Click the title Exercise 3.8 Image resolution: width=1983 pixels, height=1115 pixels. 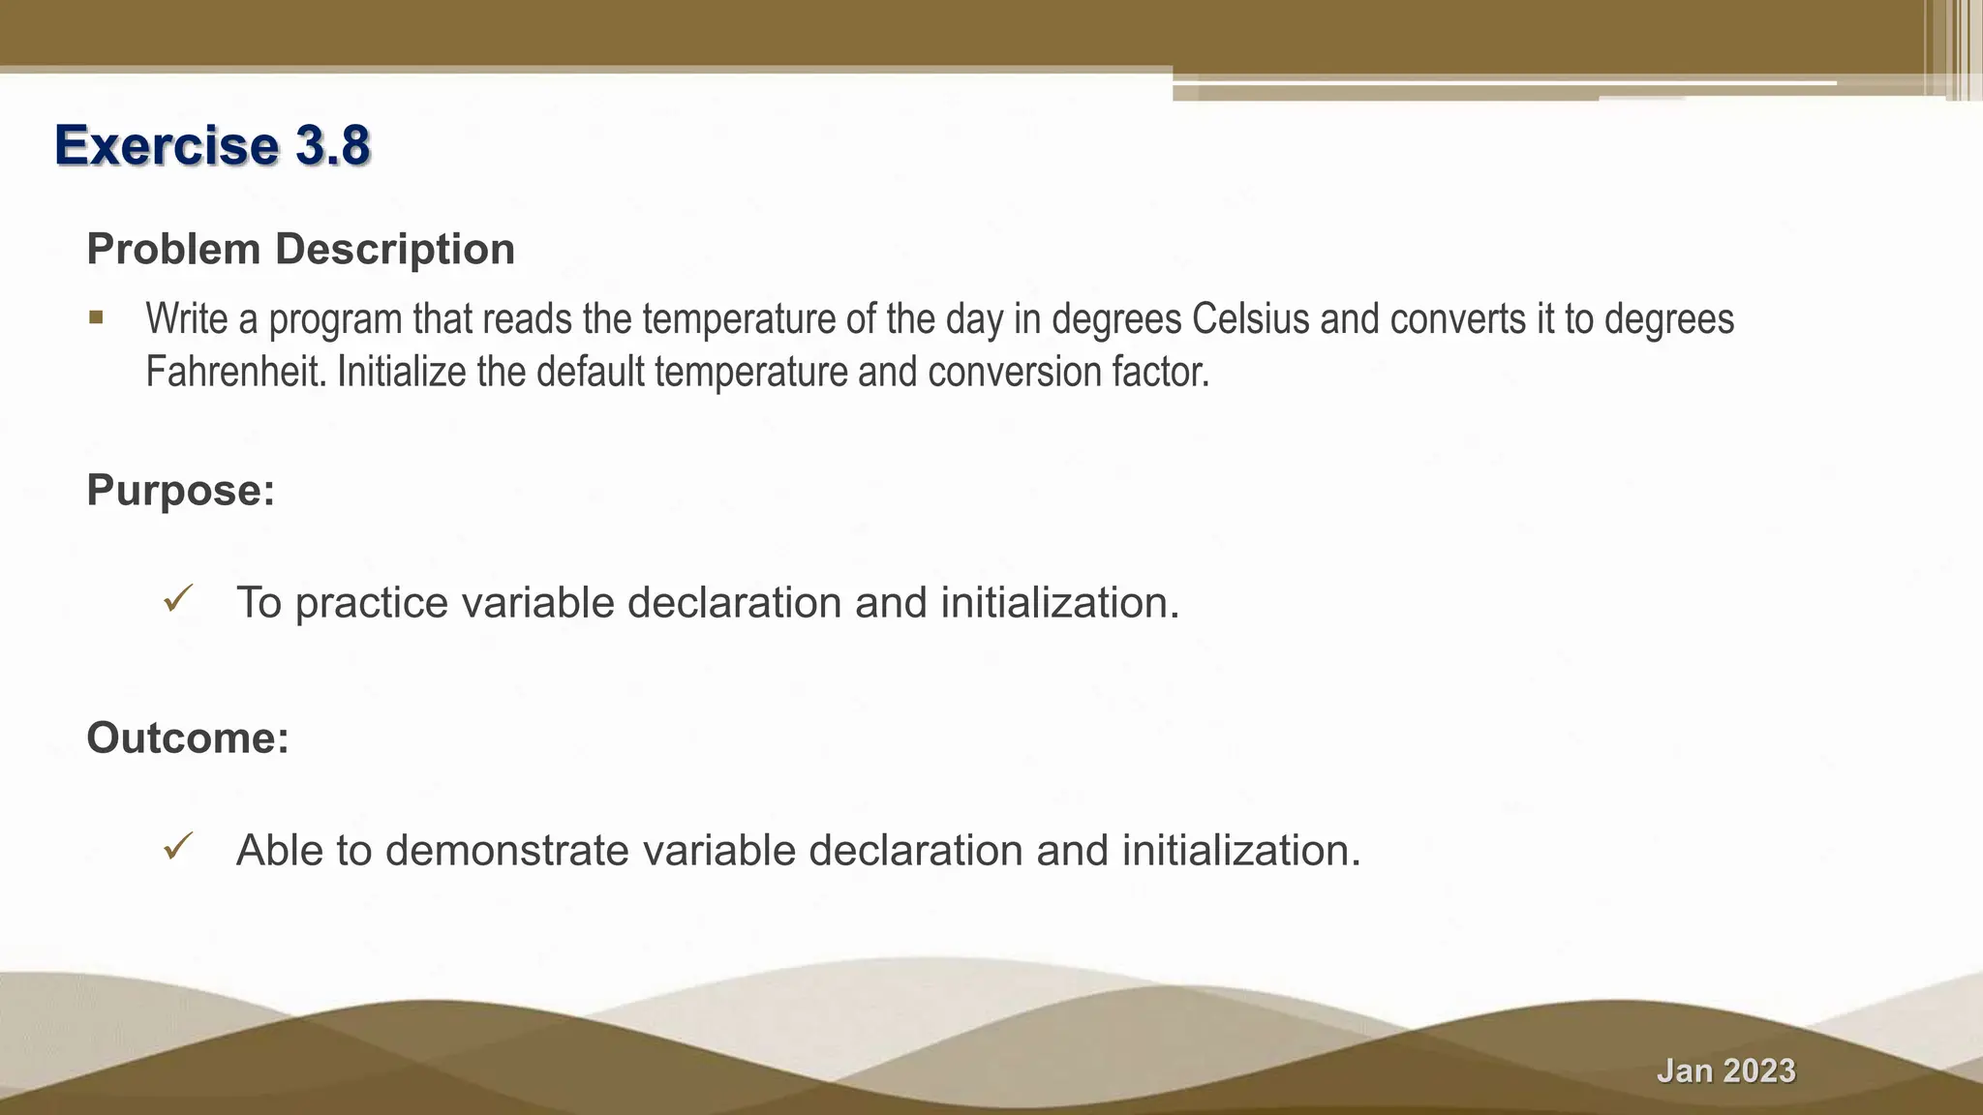212,145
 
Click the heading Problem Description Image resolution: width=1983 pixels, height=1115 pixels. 300,249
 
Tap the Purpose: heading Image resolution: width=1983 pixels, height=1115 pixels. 181,490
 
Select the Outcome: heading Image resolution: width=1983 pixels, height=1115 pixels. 188,738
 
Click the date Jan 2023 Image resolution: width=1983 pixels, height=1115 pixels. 1725,1070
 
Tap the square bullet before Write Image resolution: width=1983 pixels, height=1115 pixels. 96,317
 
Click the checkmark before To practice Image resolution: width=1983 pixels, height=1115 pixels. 179,599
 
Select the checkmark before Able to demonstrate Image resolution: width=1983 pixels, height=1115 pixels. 179,847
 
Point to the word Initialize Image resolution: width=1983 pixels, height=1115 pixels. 401,372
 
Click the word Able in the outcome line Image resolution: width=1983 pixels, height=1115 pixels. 279,851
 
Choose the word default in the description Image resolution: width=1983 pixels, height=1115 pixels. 590,372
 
